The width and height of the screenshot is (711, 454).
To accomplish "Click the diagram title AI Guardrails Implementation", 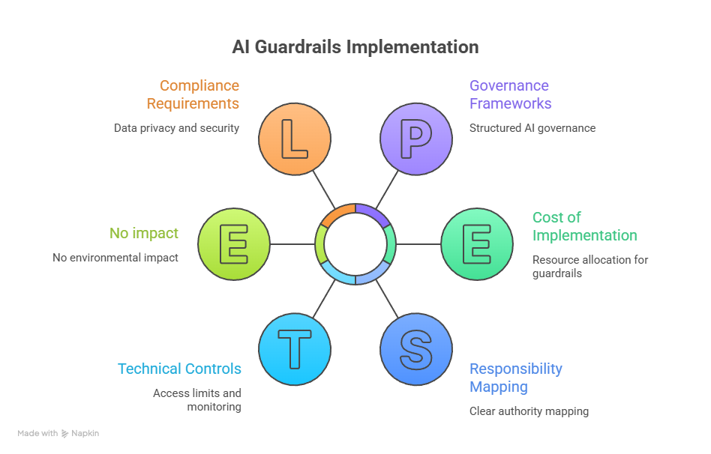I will click(355, 47).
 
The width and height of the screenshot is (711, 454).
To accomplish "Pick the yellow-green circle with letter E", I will click(233, 244).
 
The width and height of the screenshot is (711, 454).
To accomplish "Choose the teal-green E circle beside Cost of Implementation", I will click(476, 244).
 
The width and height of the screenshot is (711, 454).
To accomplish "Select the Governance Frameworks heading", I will click(510, 94).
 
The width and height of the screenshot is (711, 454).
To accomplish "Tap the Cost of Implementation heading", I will click(584, 226).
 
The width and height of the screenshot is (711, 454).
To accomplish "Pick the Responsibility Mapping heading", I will click(515, 378).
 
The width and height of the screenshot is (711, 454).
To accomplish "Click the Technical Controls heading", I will click(179, 369).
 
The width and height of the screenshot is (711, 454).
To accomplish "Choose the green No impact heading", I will click(144, 233).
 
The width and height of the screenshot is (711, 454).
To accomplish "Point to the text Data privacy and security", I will click(176, 128).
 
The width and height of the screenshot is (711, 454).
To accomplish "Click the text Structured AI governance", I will click(532, 128).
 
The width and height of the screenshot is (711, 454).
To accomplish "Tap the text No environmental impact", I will click(115, 258).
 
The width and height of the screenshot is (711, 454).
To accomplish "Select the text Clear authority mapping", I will click(529, 411).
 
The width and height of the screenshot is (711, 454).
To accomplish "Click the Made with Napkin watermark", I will click(58, 433).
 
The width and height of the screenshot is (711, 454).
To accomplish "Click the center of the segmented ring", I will click(355, 243).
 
